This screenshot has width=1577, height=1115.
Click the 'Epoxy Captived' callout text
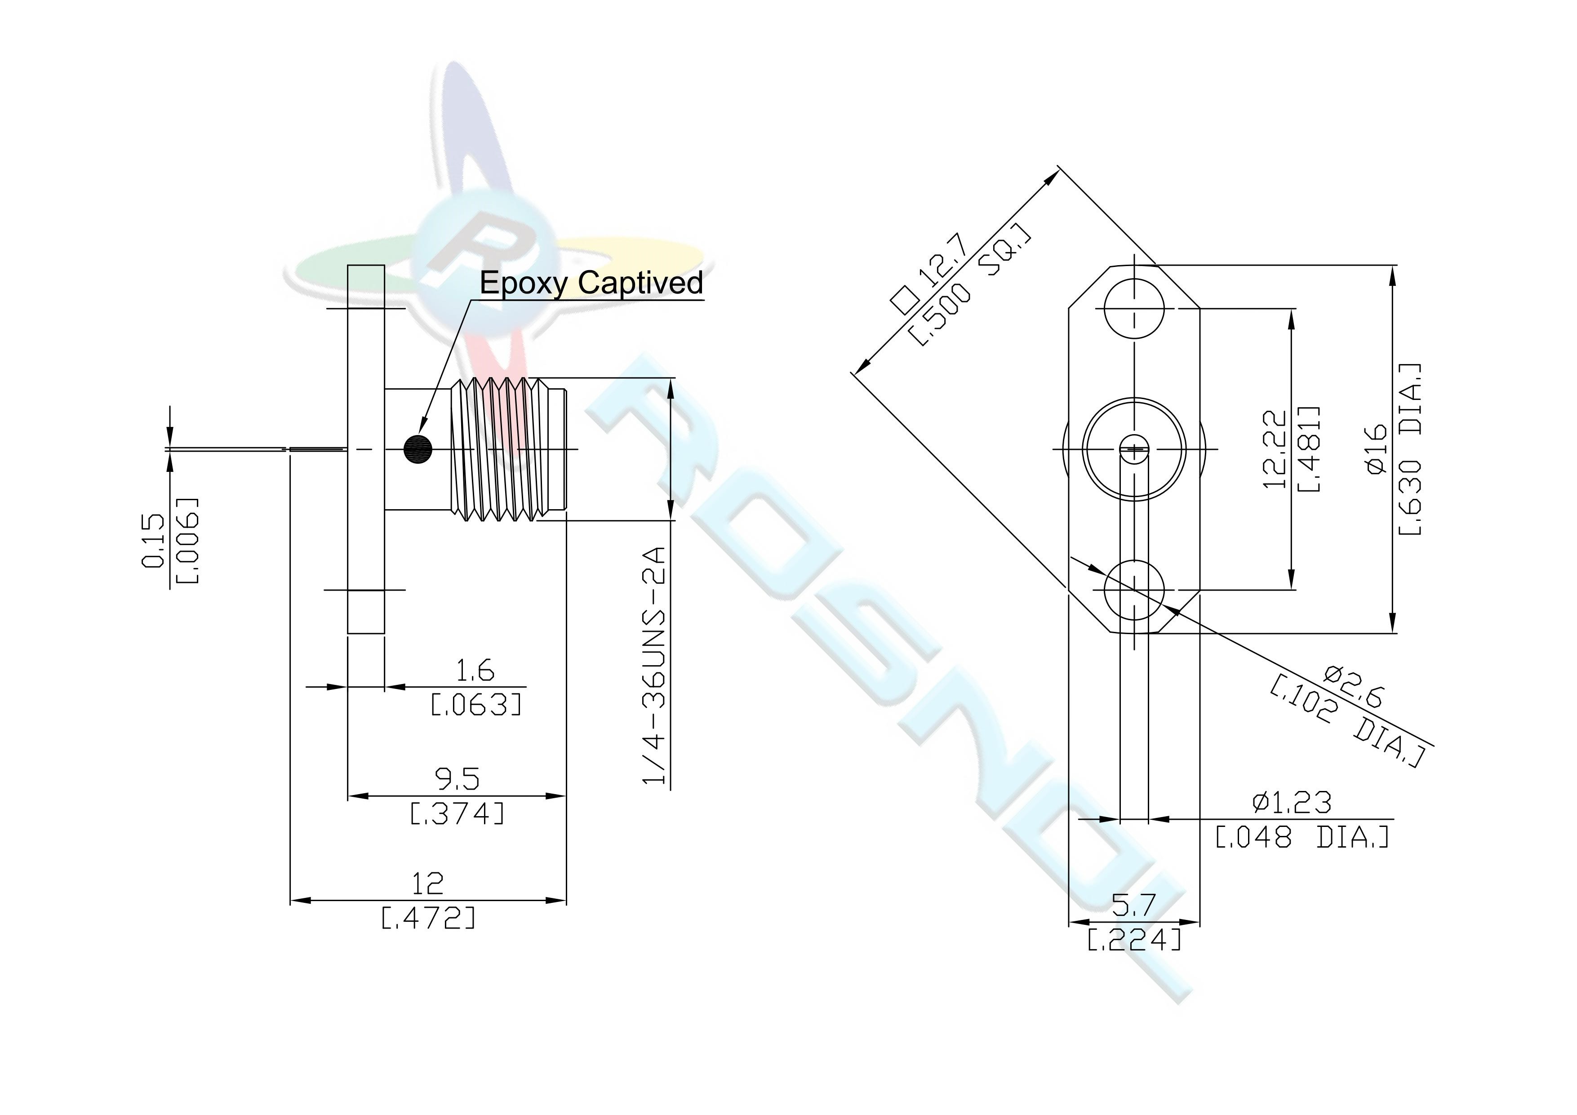click(591, 283)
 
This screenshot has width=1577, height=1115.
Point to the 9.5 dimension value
click(458, 779)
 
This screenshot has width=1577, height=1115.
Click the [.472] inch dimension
click(428, 918)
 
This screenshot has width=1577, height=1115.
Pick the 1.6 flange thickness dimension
click(475, 670)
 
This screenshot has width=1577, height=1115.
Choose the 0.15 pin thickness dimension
click(153, 542)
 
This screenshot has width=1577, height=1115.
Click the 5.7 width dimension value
click(1134, 906)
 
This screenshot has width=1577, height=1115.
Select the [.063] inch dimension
click(476, 705)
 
